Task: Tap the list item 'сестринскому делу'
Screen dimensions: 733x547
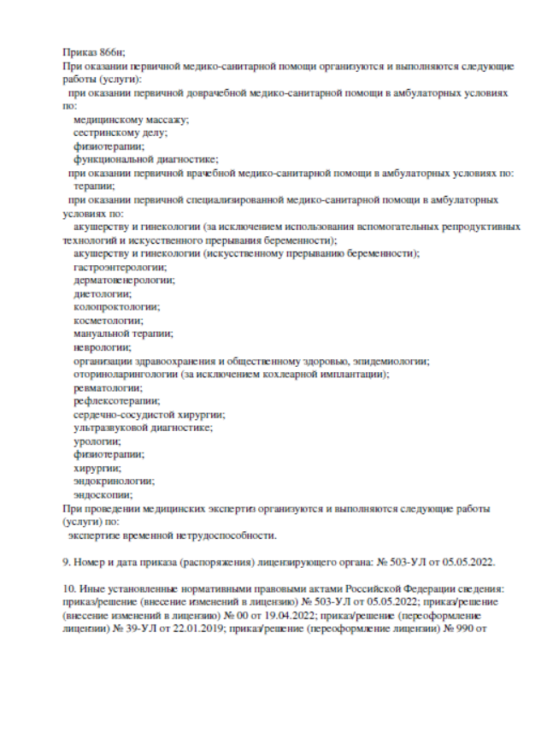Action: pyautogui.click(x=121, y=133)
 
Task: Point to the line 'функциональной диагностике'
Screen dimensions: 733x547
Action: pyautogui.click(x=146, y=159)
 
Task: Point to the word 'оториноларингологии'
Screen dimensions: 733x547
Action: pyautogui.click(x=126, y=374)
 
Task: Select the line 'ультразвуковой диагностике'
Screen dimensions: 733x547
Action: pyautogui.click(x=143, y=427)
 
